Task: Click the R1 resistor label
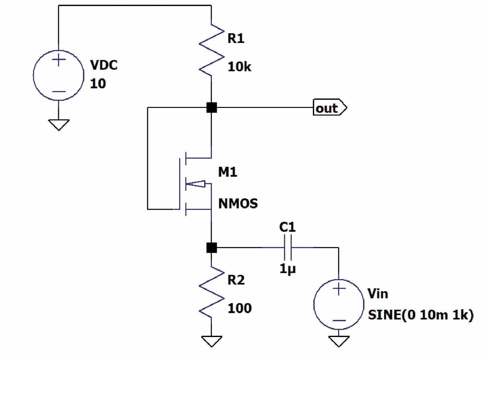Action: [x=236, y=38]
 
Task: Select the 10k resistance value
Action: [x=239, y=67]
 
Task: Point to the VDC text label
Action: [x=104, y=65]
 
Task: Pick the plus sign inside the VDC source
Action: [x=59, y=60]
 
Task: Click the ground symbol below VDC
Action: [x=59, y=124]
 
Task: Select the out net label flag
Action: [x=329, y=107]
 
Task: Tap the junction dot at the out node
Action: [x=211, y=108]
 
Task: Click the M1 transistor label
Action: [x=227, y=172]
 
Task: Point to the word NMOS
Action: [x=238, y=203]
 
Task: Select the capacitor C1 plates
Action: [x=288, y=247]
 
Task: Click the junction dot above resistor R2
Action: [x=211, y=248]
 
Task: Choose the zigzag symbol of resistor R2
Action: [x=211, y=292]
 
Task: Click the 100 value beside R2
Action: [x=239, y=308]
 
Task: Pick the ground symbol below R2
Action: [x=211, y=341]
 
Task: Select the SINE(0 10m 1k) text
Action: [x=420, y=315]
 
